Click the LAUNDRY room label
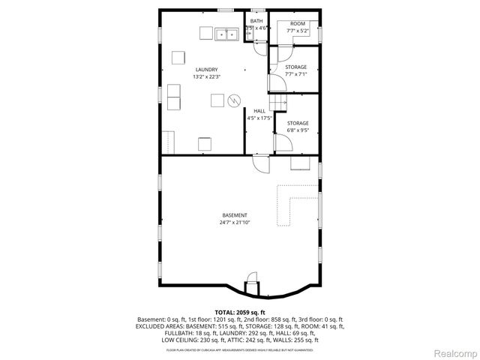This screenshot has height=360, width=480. coord(206,70)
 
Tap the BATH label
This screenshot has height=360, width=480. coord(256,21)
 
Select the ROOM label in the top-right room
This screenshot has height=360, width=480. coord(297,24)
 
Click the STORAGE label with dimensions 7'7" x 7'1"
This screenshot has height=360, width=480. coord(296,67)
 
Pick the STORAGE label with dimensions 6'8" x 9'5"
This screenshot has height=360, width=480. coord(298,123)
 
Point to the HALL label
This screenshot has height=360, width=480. coord(259,111)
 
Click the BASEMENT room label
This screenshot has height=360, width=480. coord(234,215)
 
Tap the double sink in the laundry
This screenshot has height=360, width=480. coord(226,34)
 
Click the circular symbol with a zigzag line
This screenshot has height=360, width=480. coord(234,99)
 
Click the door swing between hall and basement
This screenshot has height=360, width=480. coord(259,163)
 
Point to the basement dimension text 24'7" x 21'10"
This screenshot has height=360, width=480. coord(234,223)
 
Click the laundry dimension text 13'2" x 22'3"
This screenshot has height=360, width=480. coord(206,76)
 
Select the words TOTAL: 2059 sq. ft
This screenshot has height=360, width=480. coord(239,312)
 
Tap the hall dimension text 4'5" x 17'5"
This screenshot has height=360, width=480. coord(259,118)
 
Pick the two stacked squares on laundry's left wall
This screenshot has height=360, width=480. coord(173,95)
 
